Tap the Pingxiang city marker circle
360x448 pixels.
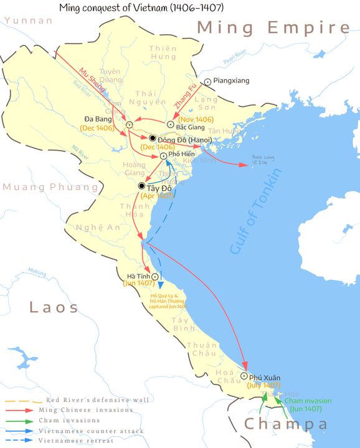[x=208, y=81]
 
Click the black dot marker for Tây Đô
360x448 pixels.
[x=142, y=186]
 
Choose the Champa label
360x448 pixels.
[x=286, y=424]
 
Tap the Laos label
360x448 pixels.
[x=54, y=307]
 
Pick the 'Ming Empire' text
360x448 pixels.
[x=273, y=28]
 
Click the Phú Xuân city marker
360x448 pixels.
[x=244, y=376]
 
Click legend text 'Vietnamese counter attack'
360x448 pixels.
[x=91, y=431]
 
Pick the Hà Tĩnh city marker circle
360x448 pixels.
[x=154, y=277]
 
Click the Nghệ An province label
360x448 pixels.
[x=88, y=228]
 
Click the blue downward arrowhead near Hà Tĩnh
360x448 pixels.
[x=161, y=284]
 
